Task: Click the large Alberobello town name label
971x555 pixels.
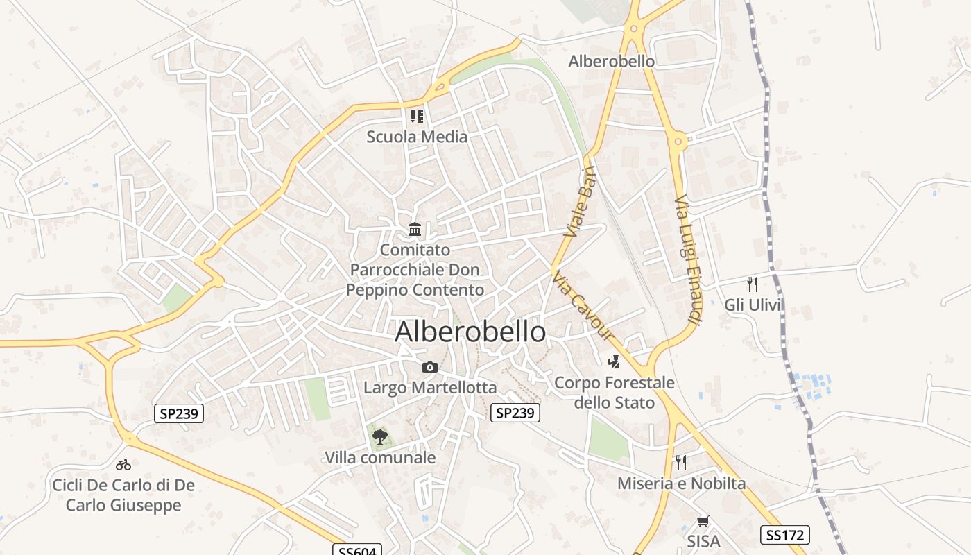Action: pyautogui.click(x=470, y=332)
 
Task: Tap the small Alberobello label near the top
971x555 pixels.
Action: pyautogui.click(x=611, y=61)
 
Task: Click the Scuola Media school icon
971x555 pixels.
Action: pyautogui.click(x=416, y=116)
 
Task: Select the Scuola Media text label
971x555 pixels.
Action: pyautogui.click(x=417, y=137)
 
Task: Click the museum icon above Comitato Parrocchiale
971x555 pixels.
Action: pyautogui.click(x=415, y=229)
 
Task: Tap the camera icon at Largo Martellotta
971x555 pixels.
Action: pyautogui.click(x=430, y=367)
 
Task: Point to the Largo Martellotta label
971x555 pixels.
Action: pyautogui.click(x=430, y=387)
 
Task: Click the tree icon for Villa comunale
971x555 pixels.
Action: pyautogui.click(x=379, y=436)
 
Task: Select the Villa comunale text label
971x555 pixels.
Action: pyautogui.click(x=380, y=458)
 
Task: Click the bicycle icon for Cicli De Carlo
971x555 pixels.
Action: pyautogui.click(x=123, y=464)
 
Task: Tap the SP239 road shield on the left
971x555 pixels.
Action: pyautogui.click(x=179, y=414)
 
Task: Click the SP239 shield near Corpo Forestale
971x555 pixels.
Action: pyautogui.click(x=515, y=413)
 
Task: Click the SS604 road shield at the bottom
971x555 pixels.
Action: pyautogui.click(x=357, y=551)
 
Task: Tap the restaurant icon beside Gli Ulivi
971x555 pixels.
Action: pyautogui.click(x=753, y=284)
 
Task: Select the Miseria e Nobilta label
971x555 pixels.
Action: pyautogui.click(x=681, y=484)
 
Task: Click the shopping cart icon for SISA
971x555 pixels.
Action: pyautogui.click(x=703, y=521)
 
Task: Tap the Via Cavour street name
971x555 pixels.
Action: pyautogui.click(x=583, y=306)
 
